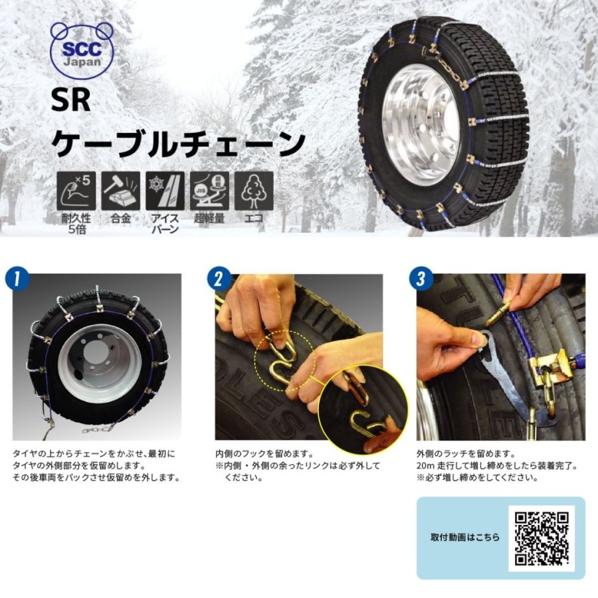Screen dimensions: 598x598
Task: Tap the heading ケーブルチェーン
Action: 178,142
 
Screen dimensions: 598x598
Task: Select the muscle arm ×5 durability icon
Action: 76,190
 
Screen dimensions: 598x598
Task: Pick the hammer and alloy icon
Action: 120,190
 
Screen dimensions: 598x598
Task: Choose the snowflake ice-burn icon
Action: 165,190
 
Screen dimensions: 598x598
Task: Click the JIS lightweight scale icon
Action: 209,190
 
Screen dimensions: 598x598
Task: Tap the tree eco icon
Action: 253,190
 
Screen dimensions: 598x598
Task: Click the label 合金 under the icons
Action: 120,218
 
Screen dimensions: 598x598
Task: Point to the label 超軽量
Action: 209,218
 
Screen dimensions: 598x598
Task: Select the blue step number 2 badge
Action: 218,278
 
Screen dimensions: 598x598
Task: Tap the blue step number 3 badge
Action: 420,278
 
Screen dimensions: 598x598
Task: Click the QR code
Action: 542,538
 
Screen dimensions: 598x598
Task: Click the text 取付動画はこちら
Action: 464,538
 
